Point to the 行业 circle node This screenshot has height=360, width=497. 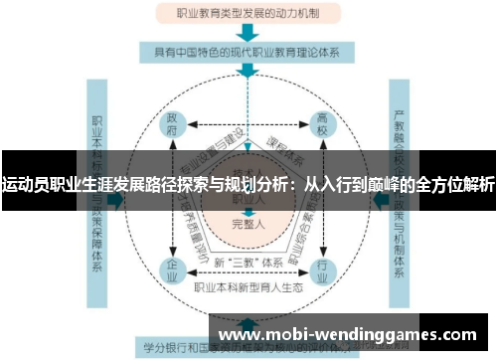(x=322, y=268)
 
